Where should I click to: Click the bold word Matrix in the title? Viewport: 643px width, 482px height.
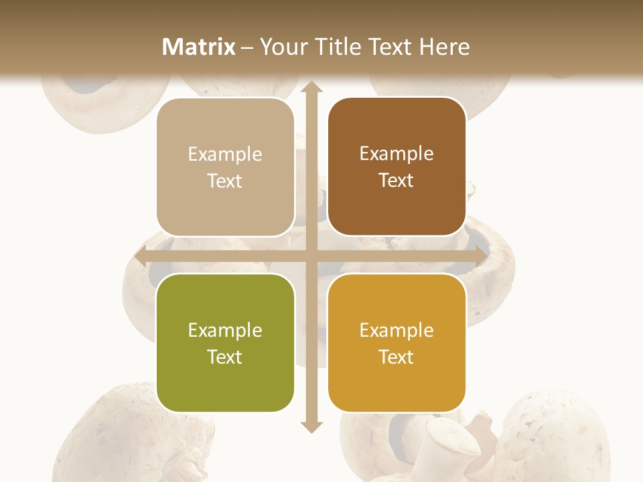[x=199, y=46]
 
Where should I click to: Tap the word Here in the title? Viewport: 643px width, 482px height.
[x=444, y=46]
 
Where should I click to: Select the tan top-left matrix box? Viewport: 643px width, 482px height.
[x=225, y=167]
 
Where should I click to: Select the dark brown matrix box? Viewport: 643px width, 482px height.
[x=397, y=167]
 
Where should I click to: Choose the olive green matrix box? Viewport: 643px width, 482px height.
[x=225, y=343]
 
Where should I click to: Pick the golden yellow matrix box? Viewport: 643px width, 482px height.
[x=397, y=343]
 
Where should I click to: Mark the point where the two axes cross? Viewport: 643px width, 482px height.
[x=311, y=256]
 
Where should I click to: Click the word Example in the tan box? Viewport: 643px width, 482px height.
[x=225, y=155]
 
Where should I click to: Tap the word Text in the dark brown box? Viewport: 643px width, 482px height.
[x=397, y=181]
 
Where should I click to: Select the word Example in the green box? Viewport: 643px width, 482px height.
[x=225, y=331]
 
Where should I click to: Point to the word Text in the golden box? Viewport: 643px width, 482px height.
[x=397, y=357]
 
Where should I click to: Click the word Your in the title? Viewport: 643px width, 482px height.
[x=281, y=46]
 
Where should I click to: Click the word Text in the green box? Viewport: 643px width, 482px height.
[x=225, y=357]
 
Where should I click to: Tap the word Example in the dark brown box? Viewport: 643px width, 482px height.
[x=397, y=154]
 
